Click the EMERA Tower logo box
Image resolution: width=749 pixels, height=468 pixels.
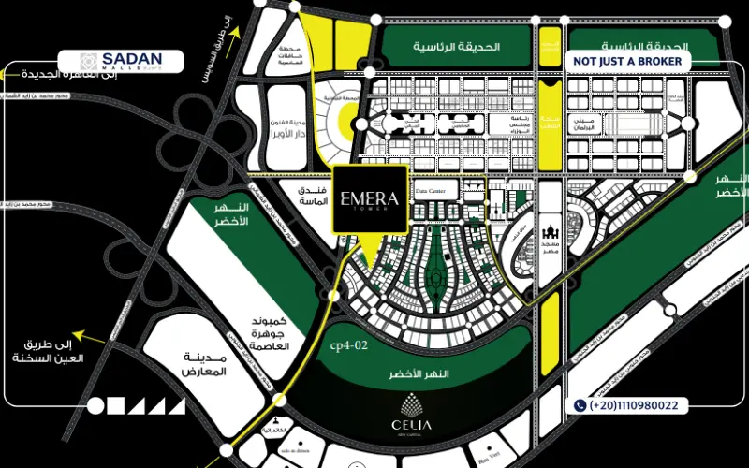pos(371,198)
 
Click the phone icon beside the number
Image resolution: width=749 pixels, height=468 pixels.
pos(580,405)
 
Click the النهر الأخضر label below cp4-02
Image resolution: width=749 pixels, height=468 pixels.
pos(420,374)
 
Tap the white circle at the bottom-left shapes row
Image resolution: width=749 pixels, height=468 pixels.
pos(95,405)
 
